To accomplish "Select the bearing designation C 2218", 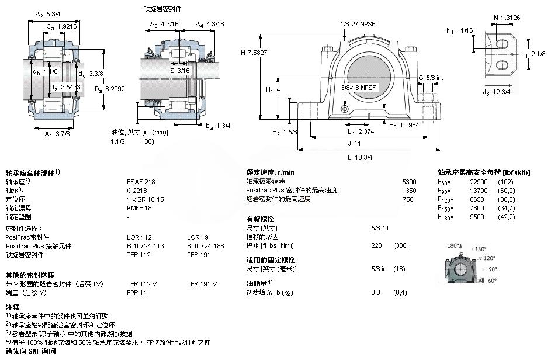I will (x=137, y=190).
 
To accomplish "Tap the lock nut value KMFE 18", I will (x=139, y=207).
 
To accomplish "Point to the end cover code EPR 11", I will (x=137, y=292).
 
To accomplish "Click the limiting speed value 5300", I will (x=409, y=182).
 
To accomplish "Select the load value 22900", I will (x=479, y=182).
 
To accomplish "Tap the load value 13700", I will (x=479, y=191).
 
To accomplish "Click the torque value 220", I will (x=377, y=245).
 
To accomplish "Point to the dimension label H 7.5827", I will (x=254, y=53).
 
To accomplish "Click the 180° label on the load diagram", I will (x=453, y=245).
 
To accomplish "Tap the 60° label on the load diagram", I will (x=492, y=281).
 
